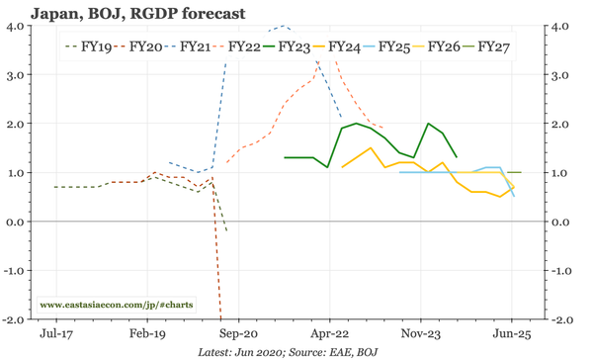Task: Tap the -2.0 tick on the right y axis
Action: coord(559,319)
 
